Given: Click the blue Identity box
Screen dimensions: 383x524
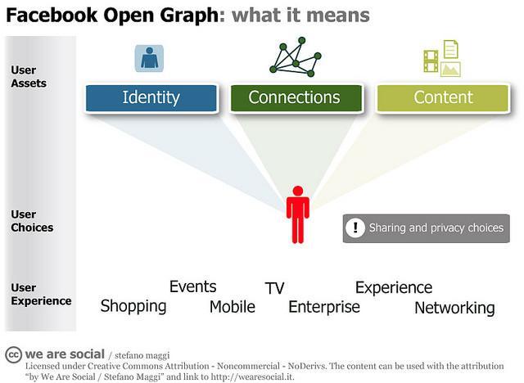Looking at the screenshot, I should [x=151, y=97].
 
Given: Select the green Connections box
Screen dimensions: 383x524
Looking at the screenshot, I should [x=294, y=97].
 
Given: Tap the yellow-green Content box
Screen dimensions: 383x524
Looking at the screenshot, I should [x=443, y=97].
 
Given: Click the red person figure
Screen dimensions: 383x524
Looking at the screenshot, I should [x=297, y=214].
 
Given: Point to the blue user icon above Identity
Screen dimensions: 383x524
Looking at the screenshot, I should [x=149, y=58].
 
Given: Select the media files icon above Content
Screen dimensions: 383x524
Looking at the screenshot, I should [x=441, y=59].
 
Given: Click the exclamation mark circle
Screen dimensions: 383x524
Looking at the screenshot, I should [x=355, y=228].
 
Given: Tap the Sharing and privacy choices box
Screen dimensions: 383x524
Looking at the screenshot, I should [x=426, y=228].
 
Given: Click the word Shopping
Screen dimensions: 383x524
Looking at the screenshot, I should [x=133, y=307].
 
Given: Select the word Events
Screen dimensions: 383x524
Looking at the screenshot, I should [x=192, y=286].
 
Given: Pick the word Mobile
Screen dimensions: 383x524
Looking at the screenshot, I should [x=232, y=307].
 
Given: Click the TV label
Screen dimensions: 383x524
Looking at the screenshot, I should [x=274, y=288].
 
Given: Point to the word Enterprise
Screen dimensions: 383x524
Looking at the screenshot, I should [x=324, y=307].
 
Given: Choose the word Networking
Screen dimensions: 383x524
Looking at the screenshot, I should [x=454, y=308].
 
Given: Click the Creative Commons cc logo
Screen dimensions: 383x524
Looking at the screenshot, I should [x=12, y=354].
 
